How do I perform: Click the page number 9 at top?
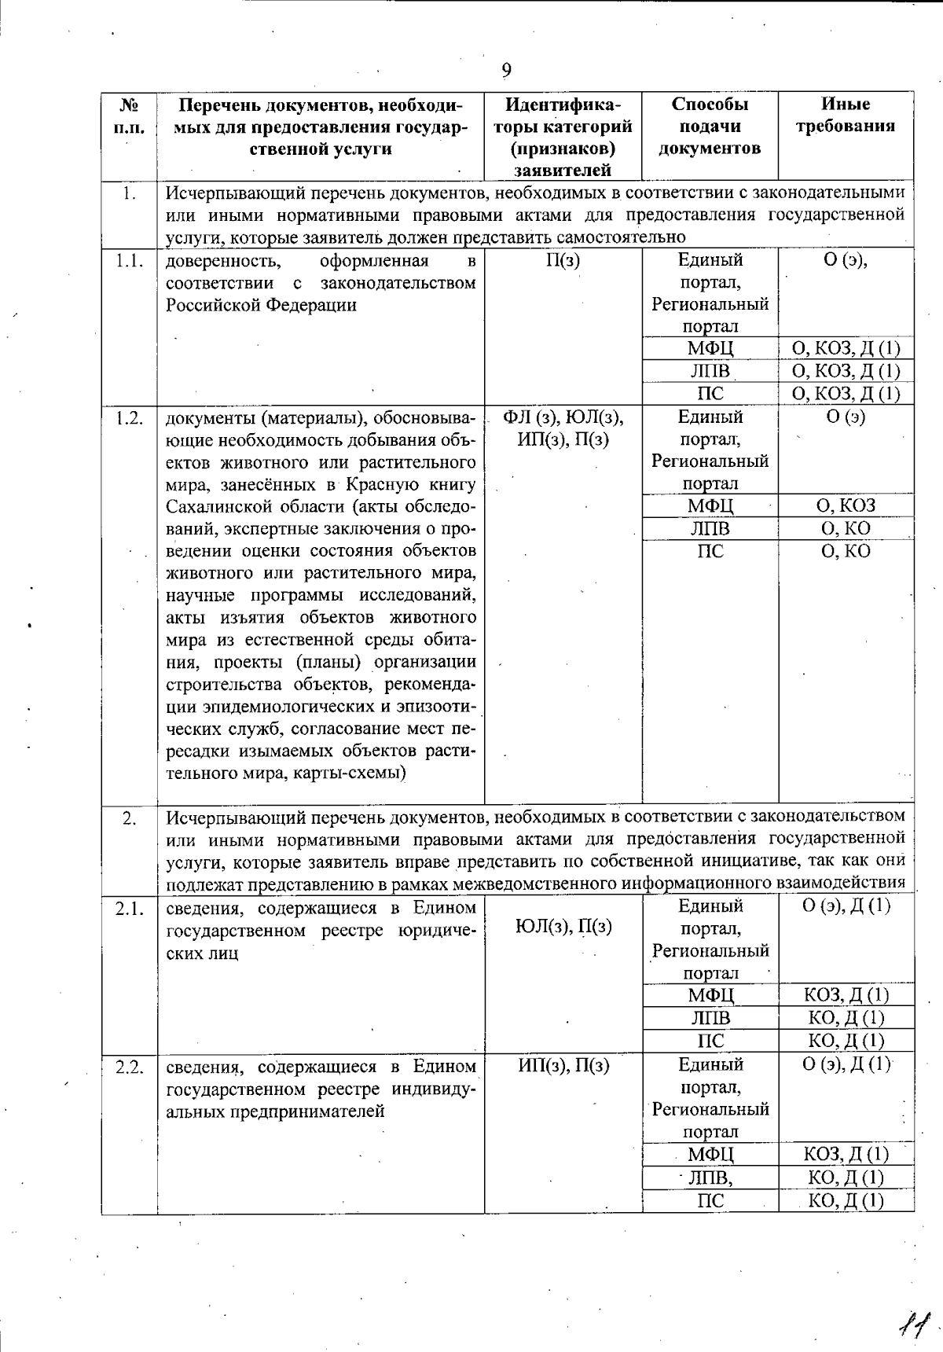(507, 72)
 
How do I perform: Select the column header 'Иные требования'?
(846, 115)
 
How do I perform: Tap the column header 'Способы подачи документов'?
(710, 126)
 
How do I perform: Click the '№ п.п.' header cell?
(129, 115)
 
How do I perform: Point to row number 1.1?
(129, 261)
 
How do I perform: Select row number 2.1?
(129, 909)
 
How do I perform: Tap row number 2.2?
(129, 1067)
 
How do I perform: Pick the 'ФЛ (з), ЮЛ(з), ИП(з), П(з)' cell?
(563, 428)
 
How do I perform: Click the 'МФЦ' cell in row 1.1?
(710, 348)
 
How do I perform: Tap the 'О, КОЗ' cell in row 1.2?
(846, 505)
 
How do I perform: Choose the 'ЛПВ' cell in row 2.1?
(710, 1018)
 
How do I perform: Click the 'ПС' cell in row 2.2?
(710, 1200)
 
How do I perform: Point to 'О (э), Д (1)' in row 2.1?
(846, 906)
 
